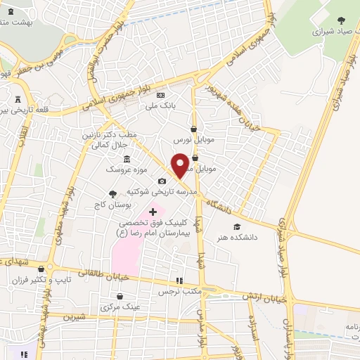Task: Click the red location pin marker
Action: point(180,165)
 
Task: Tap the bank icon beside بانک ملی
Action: point(160,95)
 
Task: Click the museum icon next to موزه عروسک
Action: point(127,158)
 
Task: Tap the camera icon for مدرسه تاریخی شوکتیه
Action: point(162,181)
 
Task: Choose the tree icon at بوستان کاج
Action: point(112,193)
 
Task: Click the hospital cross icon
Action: point(153,212)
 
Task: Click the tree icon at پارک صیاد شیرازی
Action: point(341,20)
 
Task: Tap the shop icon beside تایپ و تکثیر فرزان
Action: point(41,269)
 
